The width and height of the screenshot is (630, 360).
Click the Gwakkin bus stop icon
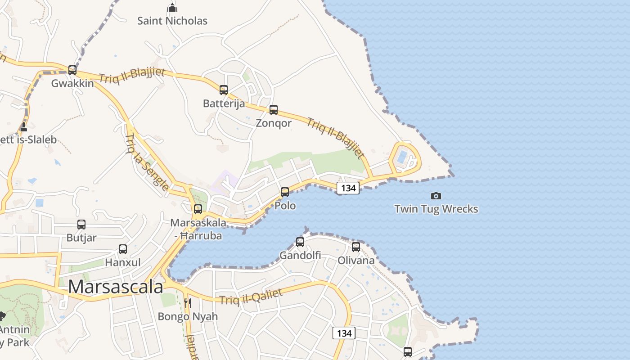pos(72,70)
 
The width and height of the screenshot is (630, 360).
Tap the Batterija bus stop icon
pos(224,90)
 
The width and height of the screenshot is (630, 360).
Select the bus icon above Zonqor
pos(274,110)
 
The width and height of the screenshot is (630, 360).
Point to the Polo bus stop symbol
pos(285,192)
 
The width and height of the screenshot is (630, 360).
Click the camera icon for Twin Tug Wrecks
pos(436,196)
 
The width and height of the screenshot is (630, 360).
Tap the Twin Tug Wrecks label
pos(436,209)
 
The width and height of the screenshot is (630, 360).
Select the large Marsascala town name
pos(116,287)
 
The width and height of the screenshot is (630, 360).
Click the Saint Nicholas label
pos(172,21)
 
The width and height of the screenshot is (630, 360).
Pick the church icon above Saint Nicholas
pos(172,8)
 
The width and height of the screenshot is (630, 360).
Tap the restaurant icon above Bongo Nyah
pos(188,303)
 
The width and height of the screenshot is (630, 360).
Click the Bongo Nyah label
pos(188,316)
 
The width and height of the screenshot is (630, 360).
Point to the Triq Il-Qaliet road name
pos(251,297)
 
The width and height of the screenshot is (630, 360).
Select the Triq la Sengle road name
pos(147,162)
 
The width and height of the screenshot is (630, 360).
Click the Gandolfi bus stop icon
pos(300,242)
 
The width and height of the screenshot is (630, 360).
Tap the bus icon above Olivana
pos(356,247)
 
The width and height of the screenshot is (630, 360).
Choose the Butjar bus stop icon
pos(81,224)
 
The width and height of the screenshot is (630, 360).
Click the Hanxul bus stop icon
pos(123,249)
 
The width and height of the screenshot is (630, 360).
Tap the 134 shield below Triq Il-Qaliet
pos(344,333)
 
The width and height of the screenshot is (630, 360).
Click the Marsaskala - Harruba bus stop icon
pos(198,209)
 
